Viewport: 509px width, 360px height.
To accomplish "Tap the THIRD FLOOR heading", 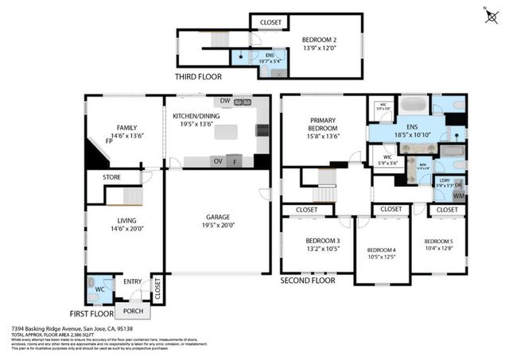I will pyautogui.click(x=198, y=77).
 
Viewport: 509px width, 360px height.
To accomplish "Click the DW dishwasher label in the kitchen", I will pyautogui.click(x=225, y=102).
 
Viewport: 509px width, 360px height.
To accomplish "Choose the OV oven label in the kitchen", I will pyautogui.click(x=216, y=161).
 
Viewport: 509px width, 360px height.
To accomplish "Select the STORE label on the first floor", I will pyautogui.click(x=111, y=177).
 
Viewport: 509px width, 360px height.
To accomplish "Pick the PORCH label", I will pyautogui.click(x=132, y=311).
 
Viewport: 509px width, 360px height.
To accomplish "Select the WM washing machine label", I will pyautogui.click(x=458, y=195).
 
